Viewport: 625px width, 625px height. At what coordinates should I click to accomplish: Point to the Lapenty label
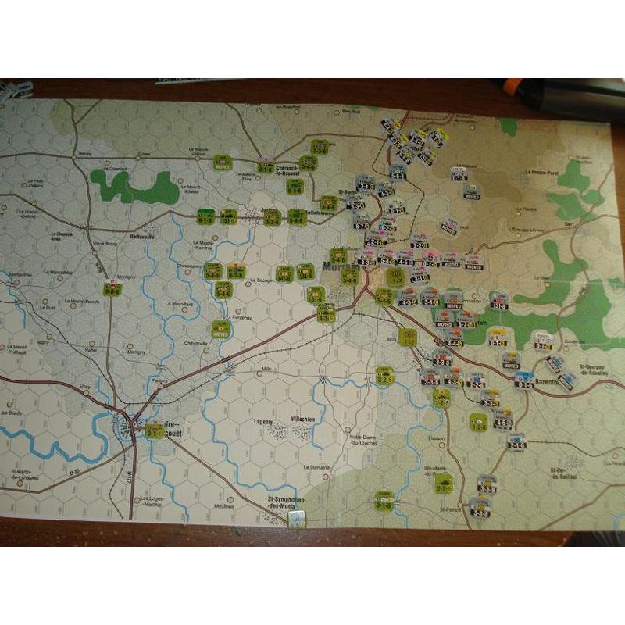tap(262, 421)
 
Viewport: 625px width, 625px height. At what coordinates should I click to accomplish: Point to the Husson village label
tap(435, 438)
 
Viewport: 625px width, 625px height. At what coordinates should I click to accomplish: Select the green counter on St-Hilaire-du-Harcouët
tap(154, 429)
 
